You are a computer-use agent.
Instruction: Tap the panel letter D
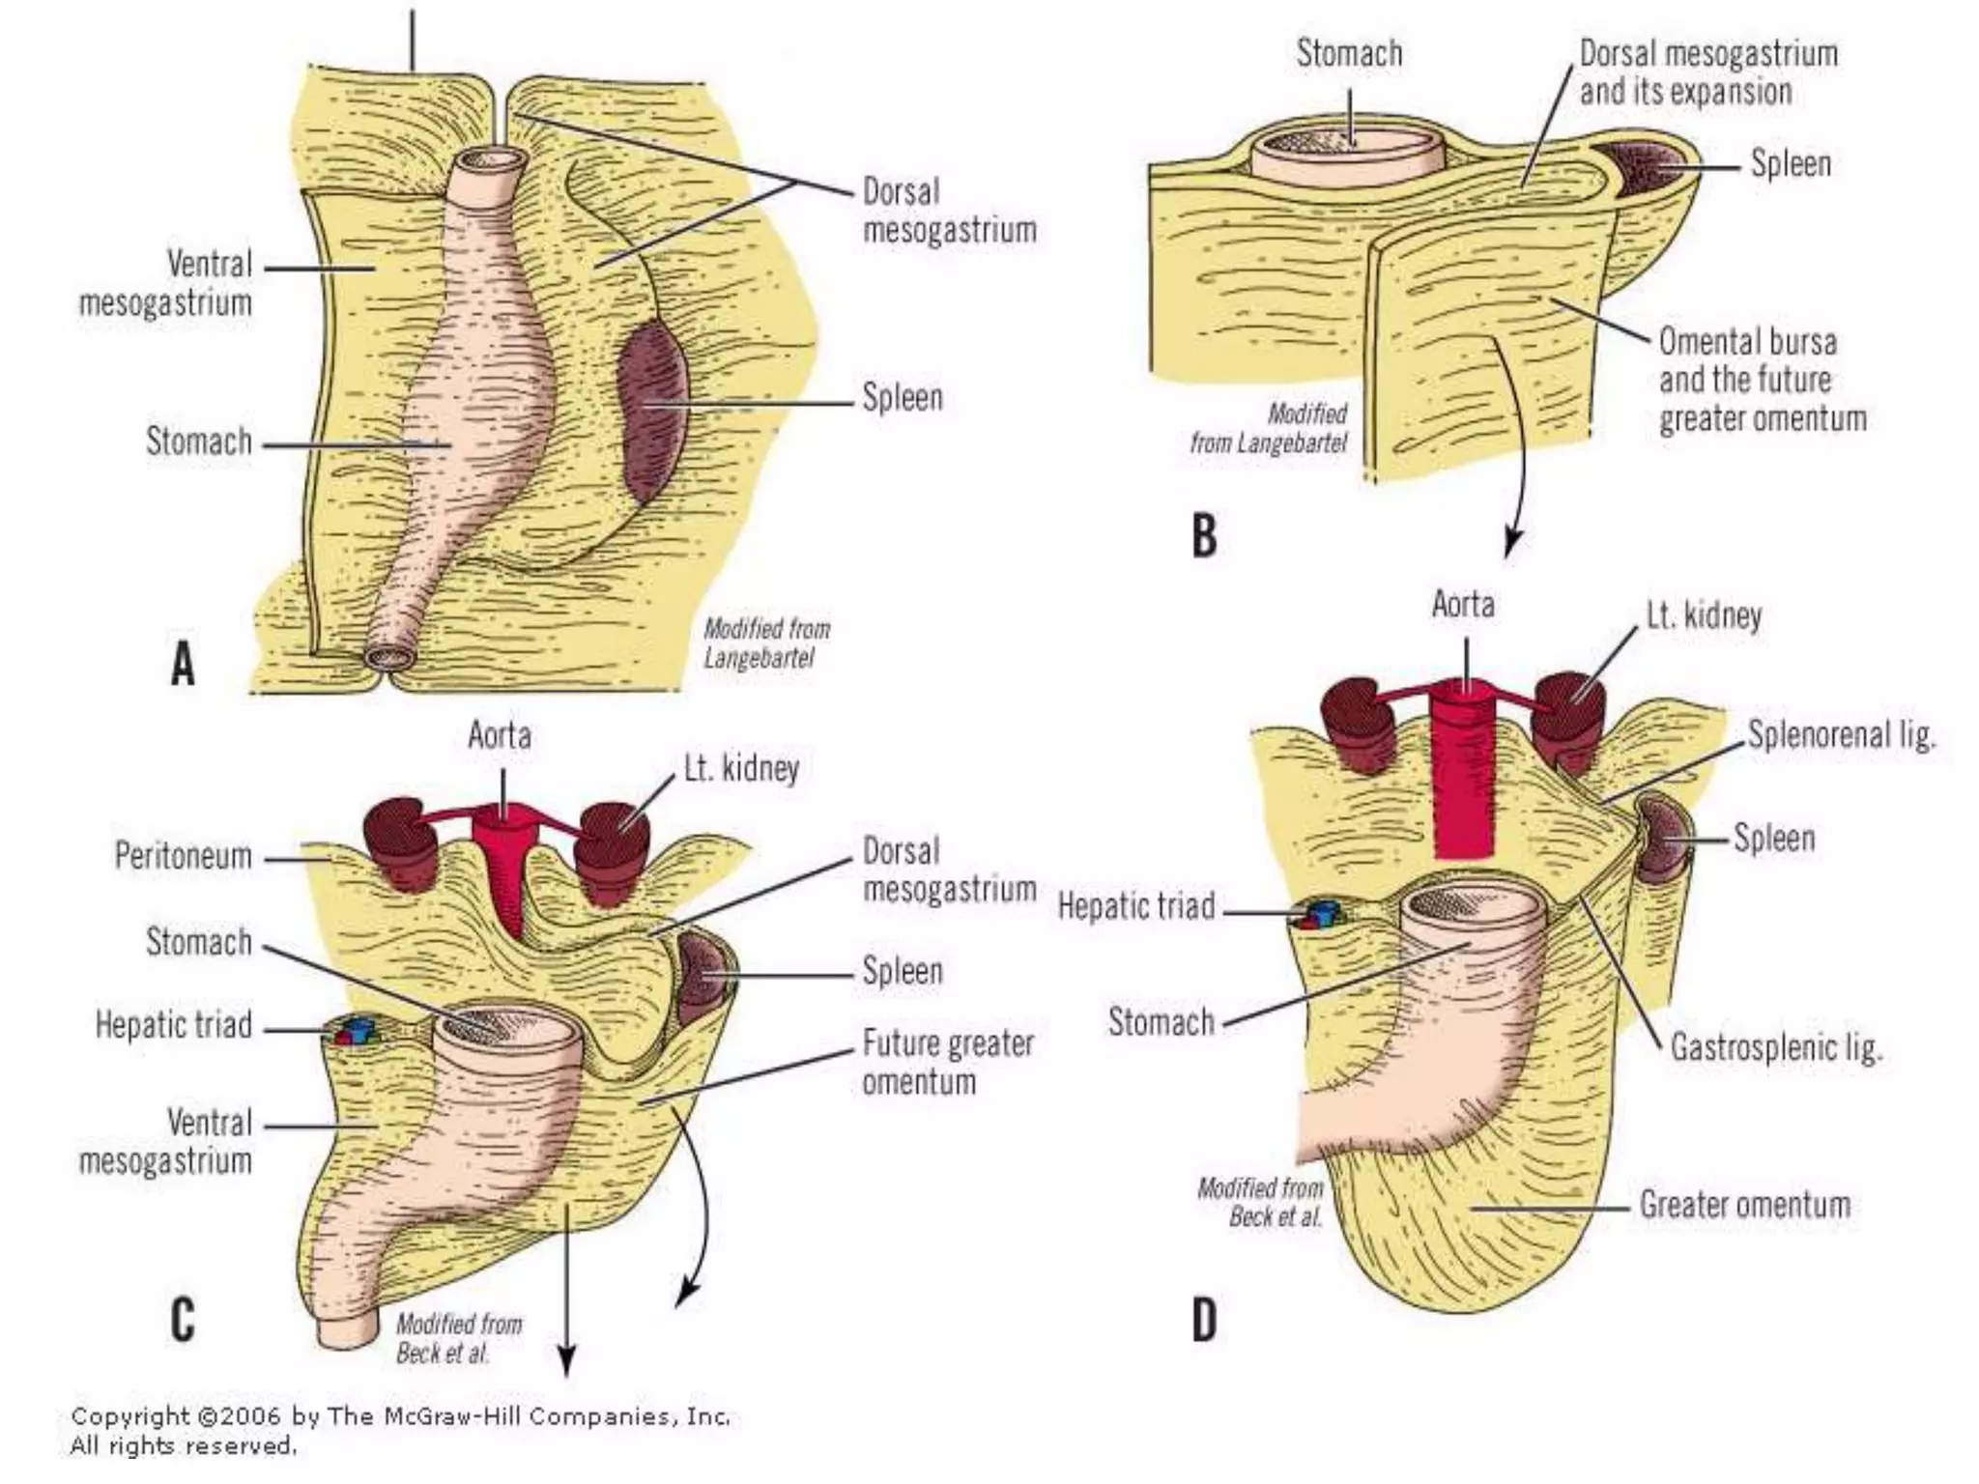point(1204,1320)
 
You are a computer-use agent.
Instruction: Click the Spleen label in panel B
point(1791,164)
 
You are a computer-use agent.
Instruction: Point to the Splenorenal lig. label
point(1842,736)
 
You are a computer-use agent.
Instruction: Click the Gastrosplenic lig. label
point(1776,1047)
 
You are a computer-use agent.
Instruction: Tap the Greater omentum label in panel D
point(1744,1206)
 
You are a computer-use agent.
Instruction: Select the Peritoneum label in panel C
point(183,856)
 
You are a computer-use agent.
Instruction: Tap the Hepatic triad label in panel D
point(1135,907)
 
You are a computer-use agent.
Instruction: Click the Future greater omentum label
point(947,1062)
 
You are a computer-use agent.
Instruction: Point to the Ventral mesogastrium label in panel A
point(166,283)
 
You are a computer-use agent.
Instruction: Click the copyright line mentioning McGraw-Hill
point(399,1417)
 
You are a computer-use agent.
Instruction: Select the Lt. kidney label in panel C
point(741,769)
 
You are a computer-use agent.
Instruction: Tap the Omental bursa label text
point(1761,380)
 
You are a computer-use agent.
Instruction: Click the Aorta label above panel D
point(1462,605)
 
